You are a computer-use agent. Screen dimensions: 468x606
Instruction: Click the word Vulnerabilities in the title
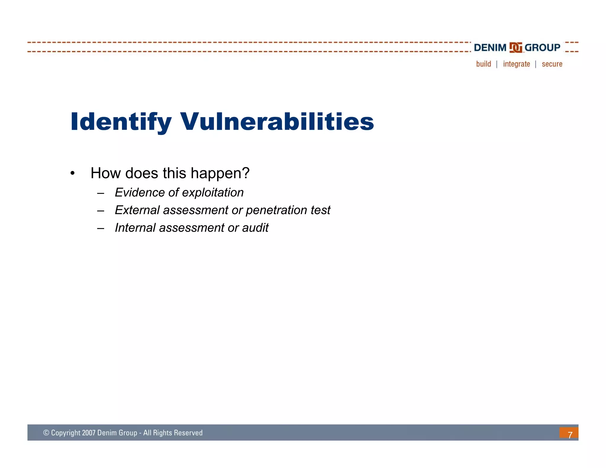tap(277, 122)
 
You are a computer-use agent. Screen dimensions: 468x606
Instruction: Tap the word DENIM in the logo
tap(490, 48)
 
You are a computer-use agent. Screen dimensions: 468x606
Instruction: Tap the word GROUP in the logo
tap(542, 48)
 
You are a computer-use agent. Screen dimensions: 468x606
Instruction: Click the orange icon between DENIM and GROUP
tap(515, 48)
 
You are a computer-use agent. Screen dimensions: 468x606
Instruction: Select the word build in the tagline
tap(483, 64)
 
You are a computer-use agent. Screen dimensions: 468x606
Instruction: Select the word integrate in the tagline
tap(516, 64)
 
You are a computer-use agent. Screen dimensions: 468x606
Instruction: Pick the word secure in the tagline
tap(552, 64)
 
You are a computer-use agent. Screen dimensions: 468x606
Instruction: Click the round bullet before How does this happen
tap(72, 173)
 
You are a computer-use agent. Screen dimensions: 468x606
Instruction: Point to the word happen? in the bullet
tap(220, 173)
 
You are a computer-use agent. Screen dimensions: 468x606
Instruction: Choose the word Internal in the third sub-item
tap(135, 228)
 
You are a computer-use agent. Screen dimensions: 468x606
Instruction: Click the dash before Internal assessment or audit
tap(101, 228)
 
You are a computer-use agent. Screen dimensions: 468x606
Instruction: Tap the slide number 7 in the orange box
tap(570, 434)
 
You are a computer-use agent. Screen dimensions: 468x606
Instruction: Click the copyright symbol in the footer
tap(46, 433)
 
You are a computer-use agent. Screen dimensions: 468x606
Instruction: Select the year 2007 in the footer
tap(88, 433)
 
